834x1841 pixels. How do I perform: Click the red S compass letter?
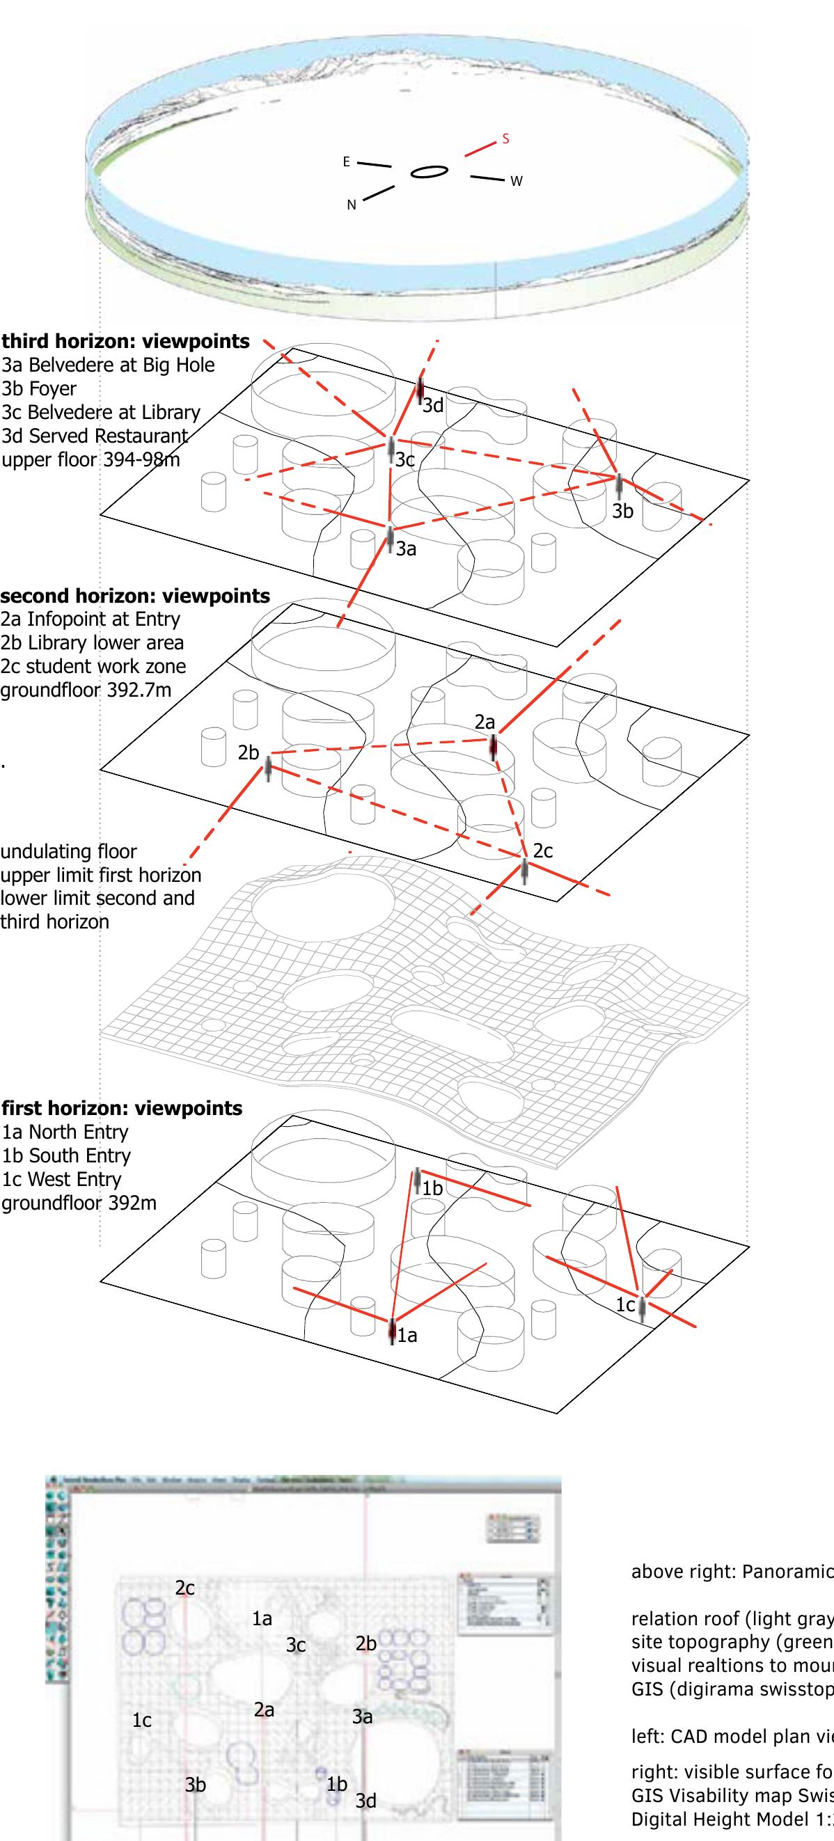[x=505, y=139]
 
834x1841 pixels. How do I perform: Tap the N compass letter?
[x=351, y=205]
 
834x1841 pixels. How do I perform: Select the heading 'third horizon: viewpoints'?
[x=126, y=342]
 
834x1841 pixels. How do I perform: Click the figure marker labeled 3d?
[x=420, y=390]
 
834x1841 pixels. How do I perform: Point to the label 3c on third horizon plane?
[x=405, y=459]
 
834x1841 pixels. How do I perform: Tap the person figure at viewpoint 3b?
[x=619, y=485]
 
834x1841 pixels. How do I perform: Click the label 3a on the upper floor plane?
[x=406, y=549]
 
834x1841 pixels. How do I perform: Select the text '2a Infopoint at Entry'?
[x=91, y=619]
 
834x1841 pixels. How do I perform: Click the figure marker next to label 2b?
[x=269, y=770]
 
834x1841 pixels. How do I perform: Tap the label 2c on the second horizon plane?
[x=543, y=851]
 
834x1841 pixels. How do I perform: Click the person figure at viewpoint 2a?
[x=493, y=748]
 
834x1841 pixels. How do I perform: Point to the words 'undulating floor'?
[x=68, y=852]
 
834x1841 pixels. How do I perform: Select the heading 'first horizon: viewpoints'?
[x=123, y=1109]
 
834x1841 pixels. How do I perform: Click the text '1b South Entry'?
[x=66, y=1155]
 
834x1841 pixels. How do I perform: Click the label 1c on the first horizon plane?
[x=625, y=1305]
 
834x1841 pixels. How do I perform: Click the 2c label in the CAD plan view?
[x=185, y=1588]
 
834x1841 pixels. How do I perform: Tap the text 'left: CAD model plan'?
[x=729, y=1737]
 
